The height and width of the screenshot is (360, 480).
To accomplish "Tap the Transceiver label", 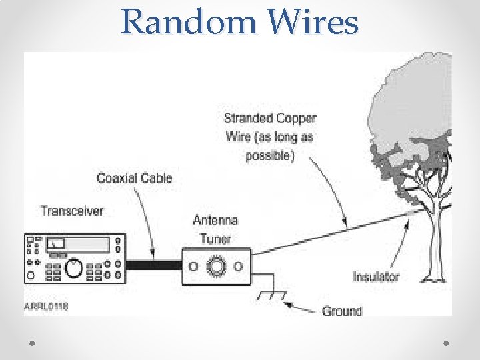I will pos(72,211).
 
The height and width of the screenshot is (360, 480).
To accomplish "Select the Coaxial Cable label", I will pos(134,178).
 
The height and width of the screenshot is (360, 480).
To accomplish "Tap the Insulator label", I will pos(376,277).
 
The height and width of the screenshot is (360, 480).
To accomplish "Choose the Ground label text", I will pos(342,311).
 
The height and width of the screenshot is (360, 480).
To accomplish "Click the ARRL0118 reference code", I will pos(47,307).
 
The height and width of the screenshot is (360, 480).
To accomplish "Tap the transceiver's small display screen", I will pos(57,244).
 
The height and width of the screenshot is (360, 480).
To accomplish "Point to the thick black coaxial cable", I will pos(155,265).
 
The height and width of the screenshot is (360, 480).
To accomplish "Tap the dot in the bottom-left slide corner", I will pos(32,342).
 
